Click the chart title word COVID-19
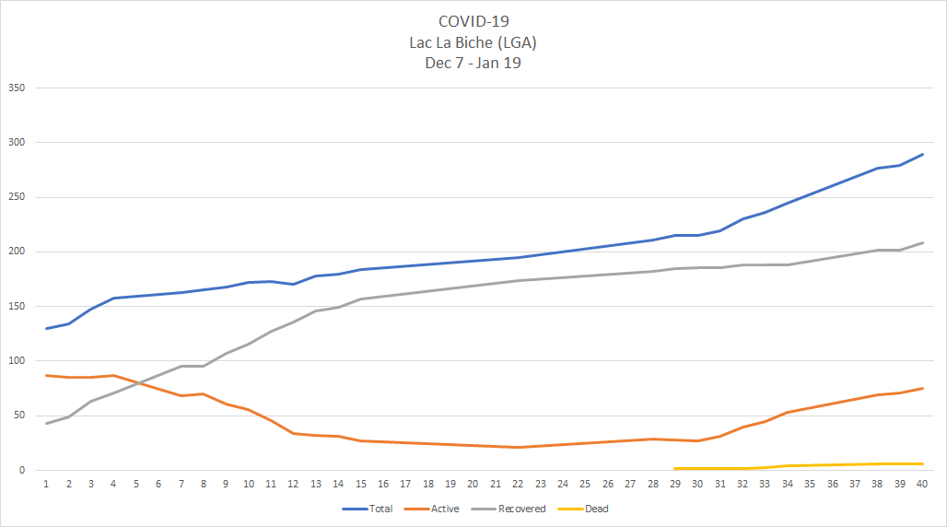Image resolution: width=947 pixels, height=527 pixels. tap(473, 20)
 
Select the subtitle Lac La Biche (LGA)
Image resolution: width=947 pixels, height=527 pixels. tap(473, 41)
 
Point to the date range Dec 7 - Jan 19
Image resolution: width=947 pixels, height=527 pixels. tap(473, 63)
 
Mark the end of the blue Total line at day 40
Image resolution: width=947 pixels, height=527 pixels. tap(922, 155)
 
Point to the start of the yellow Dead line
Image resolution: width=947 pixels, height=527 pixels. tap(675, 468)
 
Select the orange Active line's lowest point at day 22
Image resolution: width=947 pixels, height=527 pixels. tap(518, 447)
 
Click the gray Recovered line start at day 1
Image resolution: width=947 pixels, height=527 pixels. tap(46, 423)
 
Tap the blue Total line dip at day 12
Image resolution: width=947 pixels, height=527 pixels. tap(293, 284)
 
